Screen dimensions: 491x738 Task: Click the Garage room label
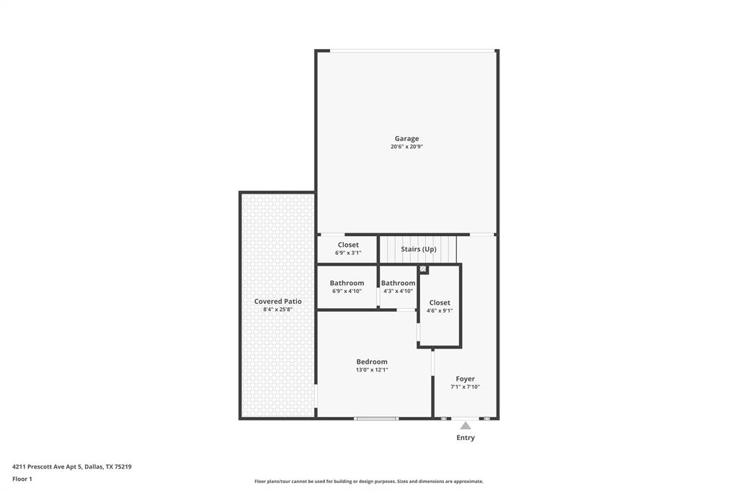[406, 139]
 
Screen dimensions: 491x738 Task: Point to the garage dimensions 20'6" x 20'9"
[406, 147]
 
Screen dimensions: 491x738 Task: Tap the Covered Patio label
[277, 302]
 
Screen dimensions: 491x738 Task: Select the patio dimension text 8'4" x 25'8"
[277, 310]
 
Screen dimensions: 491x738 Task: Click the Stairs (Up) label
[419, 249]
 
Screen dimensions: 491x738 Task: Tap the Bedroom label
[372, 361]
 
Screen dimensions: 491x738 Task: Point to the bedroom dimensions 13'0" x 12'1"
[372, 370]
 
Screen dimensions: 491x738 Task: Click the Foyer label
[465, 379]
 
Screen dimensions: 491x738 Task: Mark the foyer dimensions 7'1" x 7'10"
[465, 387]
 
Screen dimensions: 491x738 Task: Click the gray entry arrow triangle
[466, 425]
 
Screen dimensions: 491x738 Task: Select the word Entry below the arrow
[466, 438]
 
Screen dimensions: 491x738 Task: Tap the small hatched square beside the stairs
[424, 270]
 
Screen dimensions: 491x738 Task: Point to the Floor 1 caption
[22, 479]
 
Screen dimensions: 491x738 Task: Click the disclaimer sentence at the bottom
[368, 482]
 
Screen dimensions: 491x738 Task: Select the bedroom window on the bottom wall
[376, 418]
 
